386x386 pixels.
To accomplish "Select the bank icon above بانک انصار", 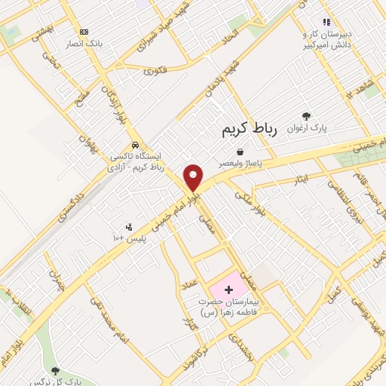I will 84,32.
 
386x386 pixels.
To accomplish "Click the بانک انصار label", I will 84,43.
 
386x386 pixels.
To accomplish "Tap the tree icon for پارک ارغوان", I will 306,115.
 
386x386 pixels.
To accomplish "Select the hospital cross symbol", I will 228,289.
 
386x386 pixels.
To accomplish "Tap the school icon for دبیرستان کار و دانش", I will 326,23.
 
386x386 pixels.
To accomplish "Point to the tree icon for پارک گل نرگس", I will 55,371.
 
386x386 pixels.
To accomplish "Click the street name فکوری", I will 155,72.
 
